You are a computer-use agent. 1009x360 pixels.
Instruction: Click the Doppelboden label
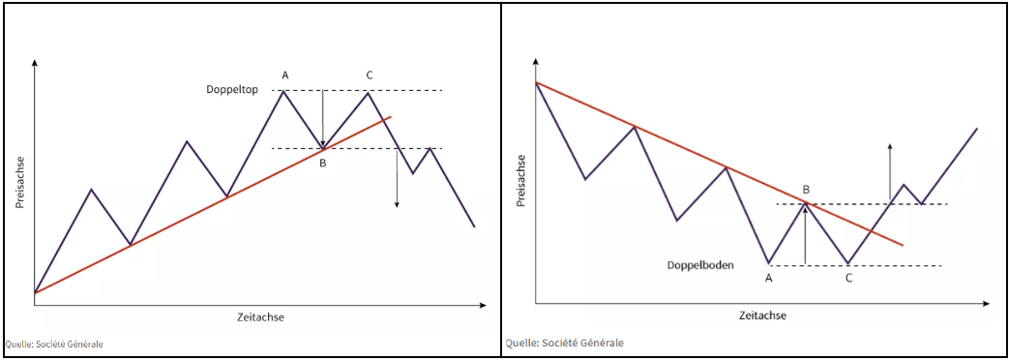click(700, 264)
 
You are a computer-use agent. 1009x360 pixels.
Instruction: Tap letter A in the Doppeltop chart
click(284, 75)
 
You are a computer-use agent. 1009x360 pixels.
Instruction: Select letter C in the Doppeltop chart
click(369, 75)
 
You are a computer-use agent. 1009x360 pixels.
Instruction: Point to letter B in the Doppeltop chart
click(323, 163)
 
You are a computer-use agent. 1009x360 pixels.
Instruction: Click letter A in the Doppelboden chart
click(769, 279)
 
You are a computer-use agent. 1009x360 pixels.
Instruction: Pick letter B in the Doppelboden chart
click(806, 189)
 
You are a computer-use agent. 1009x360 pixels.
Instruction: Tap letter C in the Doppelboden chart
click(848, 279)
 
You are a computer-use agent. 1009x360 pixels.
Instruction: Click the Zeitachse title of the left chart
click(260, 316)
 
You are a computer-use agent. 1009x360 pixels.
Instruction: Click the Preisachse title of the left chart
click(19, 182)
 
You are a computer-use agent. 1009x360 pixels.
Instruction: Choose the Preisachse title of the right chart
click(520, 181)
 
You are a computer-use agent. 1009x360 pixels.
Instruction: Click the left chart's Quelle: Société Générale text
click(53, 344)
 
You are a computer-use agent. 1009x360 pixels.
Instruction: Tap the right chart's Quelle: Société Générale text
click(564, 343)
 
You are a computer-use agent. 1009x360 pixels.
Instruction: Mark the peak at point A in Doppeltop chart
click(282, 91)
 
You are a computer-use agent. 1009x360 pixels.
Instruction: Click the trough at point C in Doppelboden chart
click(848, 263)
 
